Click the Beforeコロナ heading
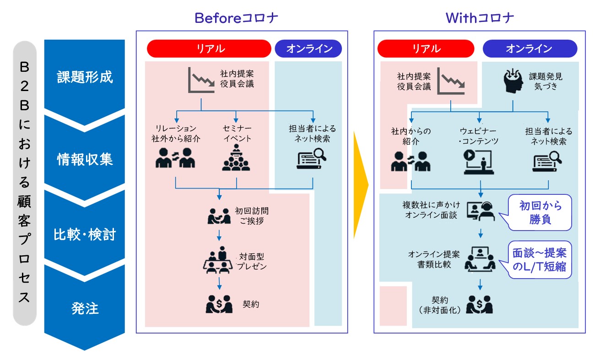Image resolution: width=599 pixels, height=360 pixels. (x=236, y=18)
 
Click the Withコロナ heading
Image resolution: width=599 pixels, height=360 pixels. (x=480, y=18)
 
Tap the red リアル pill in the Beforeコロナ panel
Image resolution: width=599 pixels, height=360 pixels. (x=209, y=48)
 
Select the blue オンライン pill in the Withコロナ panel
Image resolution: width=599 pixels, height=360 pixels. (x=530, y=48)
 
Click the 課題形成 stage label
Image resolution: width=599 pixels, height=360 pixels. (x=85, y=77)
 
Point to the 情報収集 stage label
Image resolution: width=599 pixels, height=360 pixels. (x=85, y=159)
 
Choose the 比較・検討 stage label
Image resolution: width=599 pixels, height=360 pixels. (x=85, y=234)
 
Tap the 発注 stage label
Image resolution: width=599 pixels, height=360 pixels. (x=85, y=308)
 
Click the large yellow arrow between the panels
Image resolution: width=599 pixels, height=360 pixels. (x=361, y=185)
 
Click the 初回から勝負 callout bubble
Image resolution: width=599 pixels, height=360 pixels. (x=540, y=212)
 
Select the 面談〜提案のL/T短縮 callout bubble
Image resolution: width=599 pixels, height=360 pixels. (x=539, y=260)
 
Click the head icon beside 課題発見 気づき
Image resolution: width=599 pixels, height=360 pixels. (x=513, y=81)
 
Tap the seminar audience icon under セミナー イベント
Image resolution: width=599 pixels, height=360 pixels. (x=236, y=158)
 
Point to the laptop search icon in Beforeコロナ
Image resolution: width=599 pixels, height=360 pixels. (x=311, y=159)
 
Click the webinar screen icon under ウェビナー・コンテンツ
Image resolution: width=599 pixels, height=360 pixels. (x=479, y=161)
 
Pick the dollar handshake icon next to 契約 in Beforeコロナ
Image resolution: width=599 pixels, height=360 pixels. (x=219, y=304)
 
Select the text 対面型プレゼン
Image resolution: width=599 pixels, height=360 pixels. (x=251, y=261)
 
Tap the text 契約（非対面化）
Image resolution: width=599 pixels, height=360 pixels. (x=439, y=305)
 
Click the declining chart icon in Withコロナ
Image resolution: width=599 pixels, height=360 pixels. (x=451, y=81)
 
